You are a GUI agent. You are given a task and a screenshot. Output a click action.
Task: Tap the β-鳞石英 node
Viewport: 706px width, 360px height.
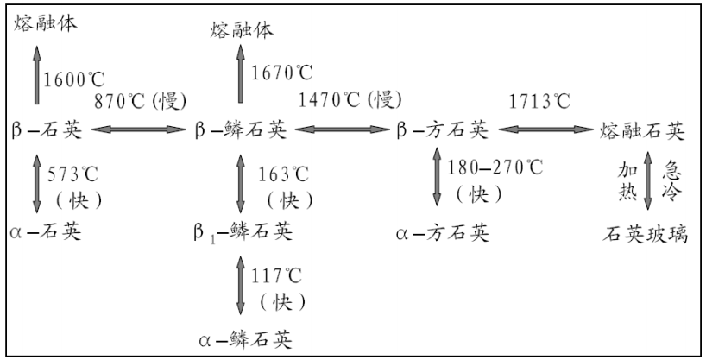coord(241,131)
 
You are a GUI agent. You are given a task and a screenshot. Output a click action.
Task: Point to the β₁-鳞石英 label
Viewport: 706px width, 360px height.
coord(243,232)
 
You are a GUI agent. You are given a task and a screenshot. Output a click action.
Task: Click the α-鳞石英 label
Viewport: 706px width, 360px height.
coord(243,338)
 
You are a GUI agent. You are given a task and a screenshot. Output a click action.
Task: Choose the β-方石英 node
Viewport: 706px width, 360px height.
coord(442,131)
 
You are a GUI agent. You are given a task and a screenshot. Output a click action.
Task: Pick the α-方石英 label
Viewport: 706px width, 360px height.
coord(443,232)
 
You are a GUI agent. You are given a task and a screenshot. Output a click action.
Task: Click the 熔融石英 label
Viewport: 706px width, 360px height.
coord(643,131)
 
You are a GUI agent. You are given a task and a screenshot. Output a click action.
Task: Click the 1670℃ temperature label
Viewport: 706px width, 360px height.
coord(281,74)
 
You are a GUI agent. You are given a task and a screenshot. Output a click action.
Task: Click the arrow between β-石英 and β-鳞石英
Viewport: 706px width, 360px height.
coord(138,131)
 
